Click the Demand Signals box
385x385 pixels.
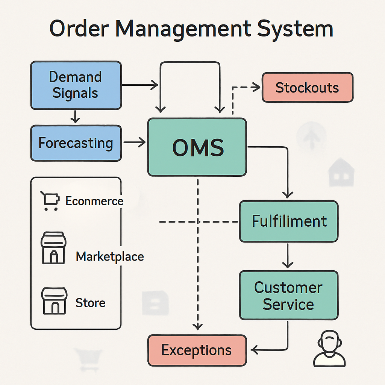point(76,85)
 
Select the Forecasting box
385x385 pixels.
point(76,143)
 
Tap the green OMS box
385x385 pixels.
point(197,147)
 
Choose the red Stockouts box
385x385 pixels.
point(307,88)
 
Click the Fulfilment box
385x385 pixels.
point(289,221)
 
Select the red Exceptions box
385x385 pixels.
point(197,350)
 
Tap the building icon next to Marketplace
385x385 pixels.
point(53,248)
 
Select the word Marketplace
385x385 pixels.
point(110,257)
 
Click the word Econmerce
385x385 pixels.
point(94,201)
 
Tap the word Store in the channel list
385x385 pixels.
point(90,303)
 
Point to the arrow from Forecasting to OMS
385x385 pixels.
point(135,142)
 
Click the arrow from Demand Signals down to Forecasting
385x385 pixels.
point(76,117)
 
